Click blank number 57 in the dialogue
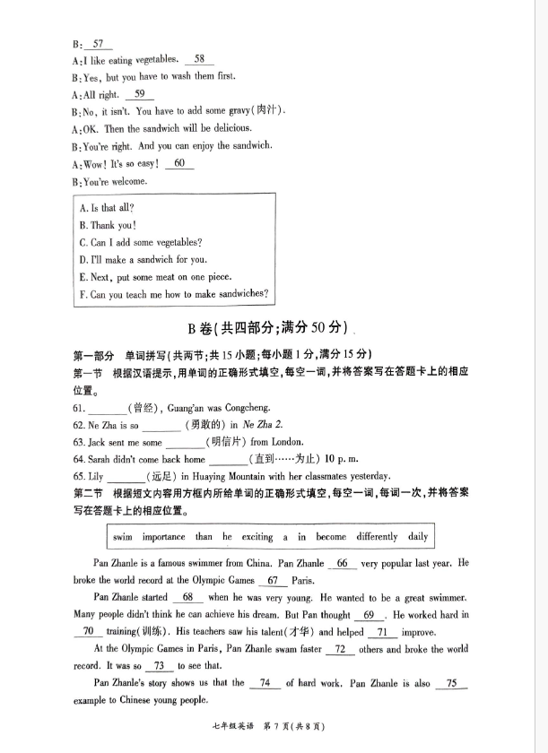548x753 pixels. coord(98,43)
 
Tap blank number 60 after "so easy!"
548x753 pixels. coord(179,163)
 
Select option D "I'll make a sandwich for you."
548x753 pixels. coord(143,260)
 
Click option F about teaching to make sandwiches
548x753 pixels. coord(173,294)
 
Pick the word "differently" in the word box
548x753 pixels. coord(376,537)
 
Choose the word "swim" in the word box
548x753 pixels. coord(122,537)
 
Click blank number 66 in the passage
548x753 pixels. coord(343,563)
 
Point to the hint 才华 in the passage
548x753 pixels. coord(315,631)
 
